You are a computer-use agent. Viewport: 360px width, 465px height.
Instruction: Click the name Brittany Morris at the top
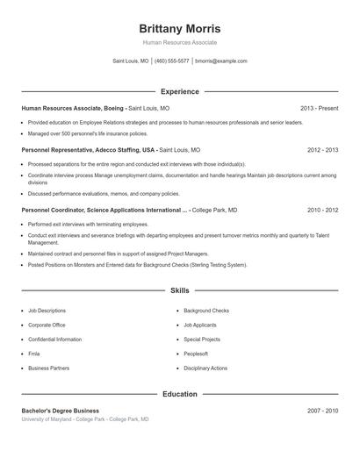tap(179, 28)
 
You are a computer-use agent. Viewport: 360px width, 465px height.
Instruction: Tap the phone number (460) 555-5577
tap(172, 61)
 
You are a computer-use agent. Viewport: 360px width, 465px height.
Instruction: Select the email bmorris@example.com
tap(221, 61)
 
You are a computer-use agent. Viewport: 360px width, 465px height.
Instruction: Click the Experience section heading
tap(179, 91)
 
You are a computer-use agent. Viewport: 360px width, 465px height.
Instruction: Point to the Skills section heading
tap(179, 290)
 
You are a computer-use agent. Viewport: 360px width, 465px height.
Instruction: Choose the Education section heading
tap(179, 394)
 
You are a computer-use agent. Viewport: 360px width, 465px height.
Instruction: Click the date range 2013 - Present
tap(319, 108)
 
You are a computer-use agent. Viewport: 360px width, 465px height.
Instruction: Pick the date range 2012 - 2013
tap(322, 150)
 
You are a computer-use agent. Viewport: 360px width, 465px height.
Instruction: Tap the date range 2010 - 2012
tap(322, 211)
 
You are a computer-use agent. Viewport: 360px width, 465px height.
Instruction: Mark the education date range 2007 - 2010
tap(322, 411)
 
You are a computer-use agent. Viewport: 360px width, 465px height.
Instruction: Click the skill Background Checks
tap(206, 311)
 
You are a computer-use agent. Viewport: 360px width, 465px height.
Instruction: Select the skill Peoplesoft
tap(196, 354)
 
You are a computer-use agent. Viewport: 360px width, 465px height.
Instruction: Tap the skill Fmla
tap(34, 354)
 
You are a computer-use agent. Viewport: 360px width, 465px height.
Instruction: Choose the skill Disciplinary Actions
tap(205, 368)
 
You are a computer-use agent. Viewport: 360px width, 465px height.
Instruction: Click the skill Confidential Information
tap(54, 339)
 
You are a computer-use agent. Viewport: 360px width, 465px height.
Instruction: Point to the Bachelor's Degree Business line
tap(61, 411)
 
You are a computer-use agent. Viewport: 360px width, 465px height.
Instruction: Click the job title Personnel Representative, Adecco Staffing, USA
tap(88, 150)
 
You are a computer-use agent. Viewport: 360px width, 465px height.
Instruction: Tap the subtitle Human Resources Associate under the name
tap(179, 42)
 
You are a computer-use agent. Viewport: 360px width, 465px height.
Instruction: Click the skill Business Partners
tap(48, 368)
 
